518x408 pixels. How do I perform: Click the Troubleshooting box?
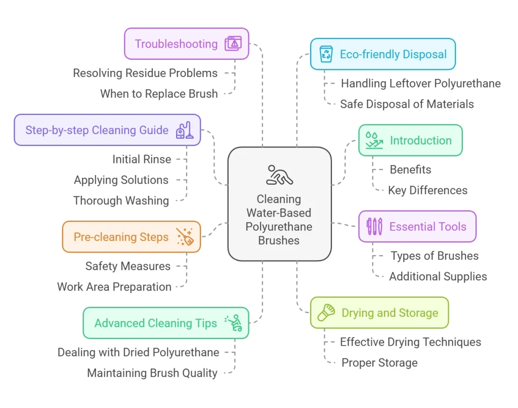[186, 44]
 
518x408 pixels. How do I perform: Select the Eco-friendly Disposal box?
[382, 54]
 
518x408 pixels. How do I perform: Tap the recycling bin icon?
[326, 54]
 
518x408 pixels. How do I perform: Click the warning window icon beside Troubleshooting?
[233, 44]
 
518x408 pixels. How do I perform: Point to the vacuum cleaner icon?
[184, 130]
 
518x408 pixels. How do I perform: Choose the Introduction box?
[410, 140]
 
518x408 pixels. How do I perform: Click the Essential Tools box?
[417, 226]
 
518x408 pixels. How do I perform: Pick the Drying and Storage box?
[379, 313]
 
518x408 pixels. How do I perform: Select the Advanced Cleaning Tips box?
[166, 323]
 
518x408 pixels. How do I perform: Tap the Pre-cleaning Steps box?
[131, 237]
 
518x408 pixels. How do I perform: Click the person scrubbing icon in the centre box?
[279, 175]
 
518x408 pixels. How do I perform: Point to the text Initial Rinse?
[142, 159]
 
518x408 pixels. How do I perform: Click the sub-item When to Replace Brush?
[159, 94]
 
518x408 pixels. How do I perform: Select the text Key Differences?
[428, 190]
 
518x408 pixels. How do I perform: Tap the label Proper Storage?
[379, 362]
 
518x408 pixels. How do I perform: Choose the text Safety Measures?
[128, 266]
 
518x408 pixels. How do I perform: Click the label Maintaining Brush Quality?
[152, 373]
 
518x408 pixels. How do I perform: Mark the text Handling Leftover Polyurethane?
[421, 84]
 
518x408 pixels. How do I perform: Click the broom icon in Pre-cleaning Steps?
[185, 236]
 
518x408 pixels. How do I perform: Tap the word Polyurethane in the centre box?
[279, 226]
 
